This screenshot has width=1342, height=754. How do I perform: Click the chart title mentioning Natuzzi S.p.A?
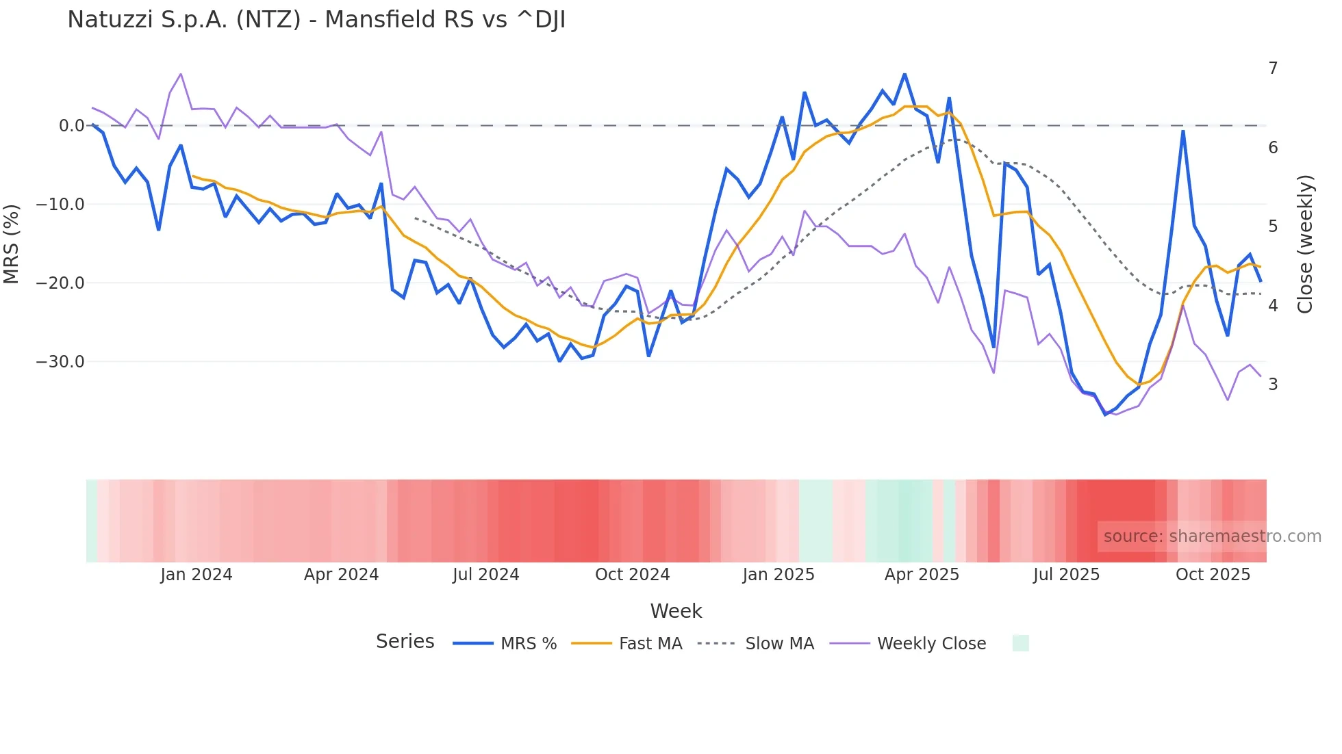[x=316, y=20]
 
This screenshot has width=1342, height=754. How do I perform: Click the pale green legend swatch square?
[x=1020, y=643]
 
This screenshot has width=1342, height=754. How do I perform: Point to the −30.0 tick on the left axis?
[x=60, y=362]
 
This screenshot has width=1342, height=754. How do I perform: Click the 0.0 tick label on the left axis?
[x=71, y=126]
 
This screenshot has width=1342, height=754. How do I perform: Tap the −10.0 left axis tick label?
[x=60, y=205]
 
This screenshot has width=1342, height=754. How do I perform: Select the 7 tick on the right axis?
[x=1273, y=68]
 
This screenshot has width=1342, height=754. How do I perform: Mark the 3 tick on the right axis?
[x=1273, y=385]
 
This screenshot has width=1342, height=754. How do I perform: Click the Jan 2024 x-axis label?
[x=197, y=575]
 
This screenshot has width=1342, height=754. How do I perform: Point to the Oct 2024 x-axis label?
[x=632, y=575]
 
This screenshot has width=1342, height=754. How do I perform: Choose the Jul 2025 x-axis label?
[x=1066, y=575]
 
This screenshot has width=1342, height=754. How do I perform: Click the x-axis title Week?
[x=676, y=611]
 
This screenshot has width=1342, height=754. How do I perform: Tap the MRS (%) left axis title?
[x=12, y=244]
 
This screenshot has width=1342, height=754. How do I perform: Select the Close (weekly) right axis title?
[x=1305, y=244]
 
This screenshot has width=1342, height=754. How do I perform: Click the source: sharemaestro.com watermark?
[x=1212, y=536]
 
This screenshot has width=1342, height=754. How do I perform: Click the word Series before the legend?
[x=405, y=642]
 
